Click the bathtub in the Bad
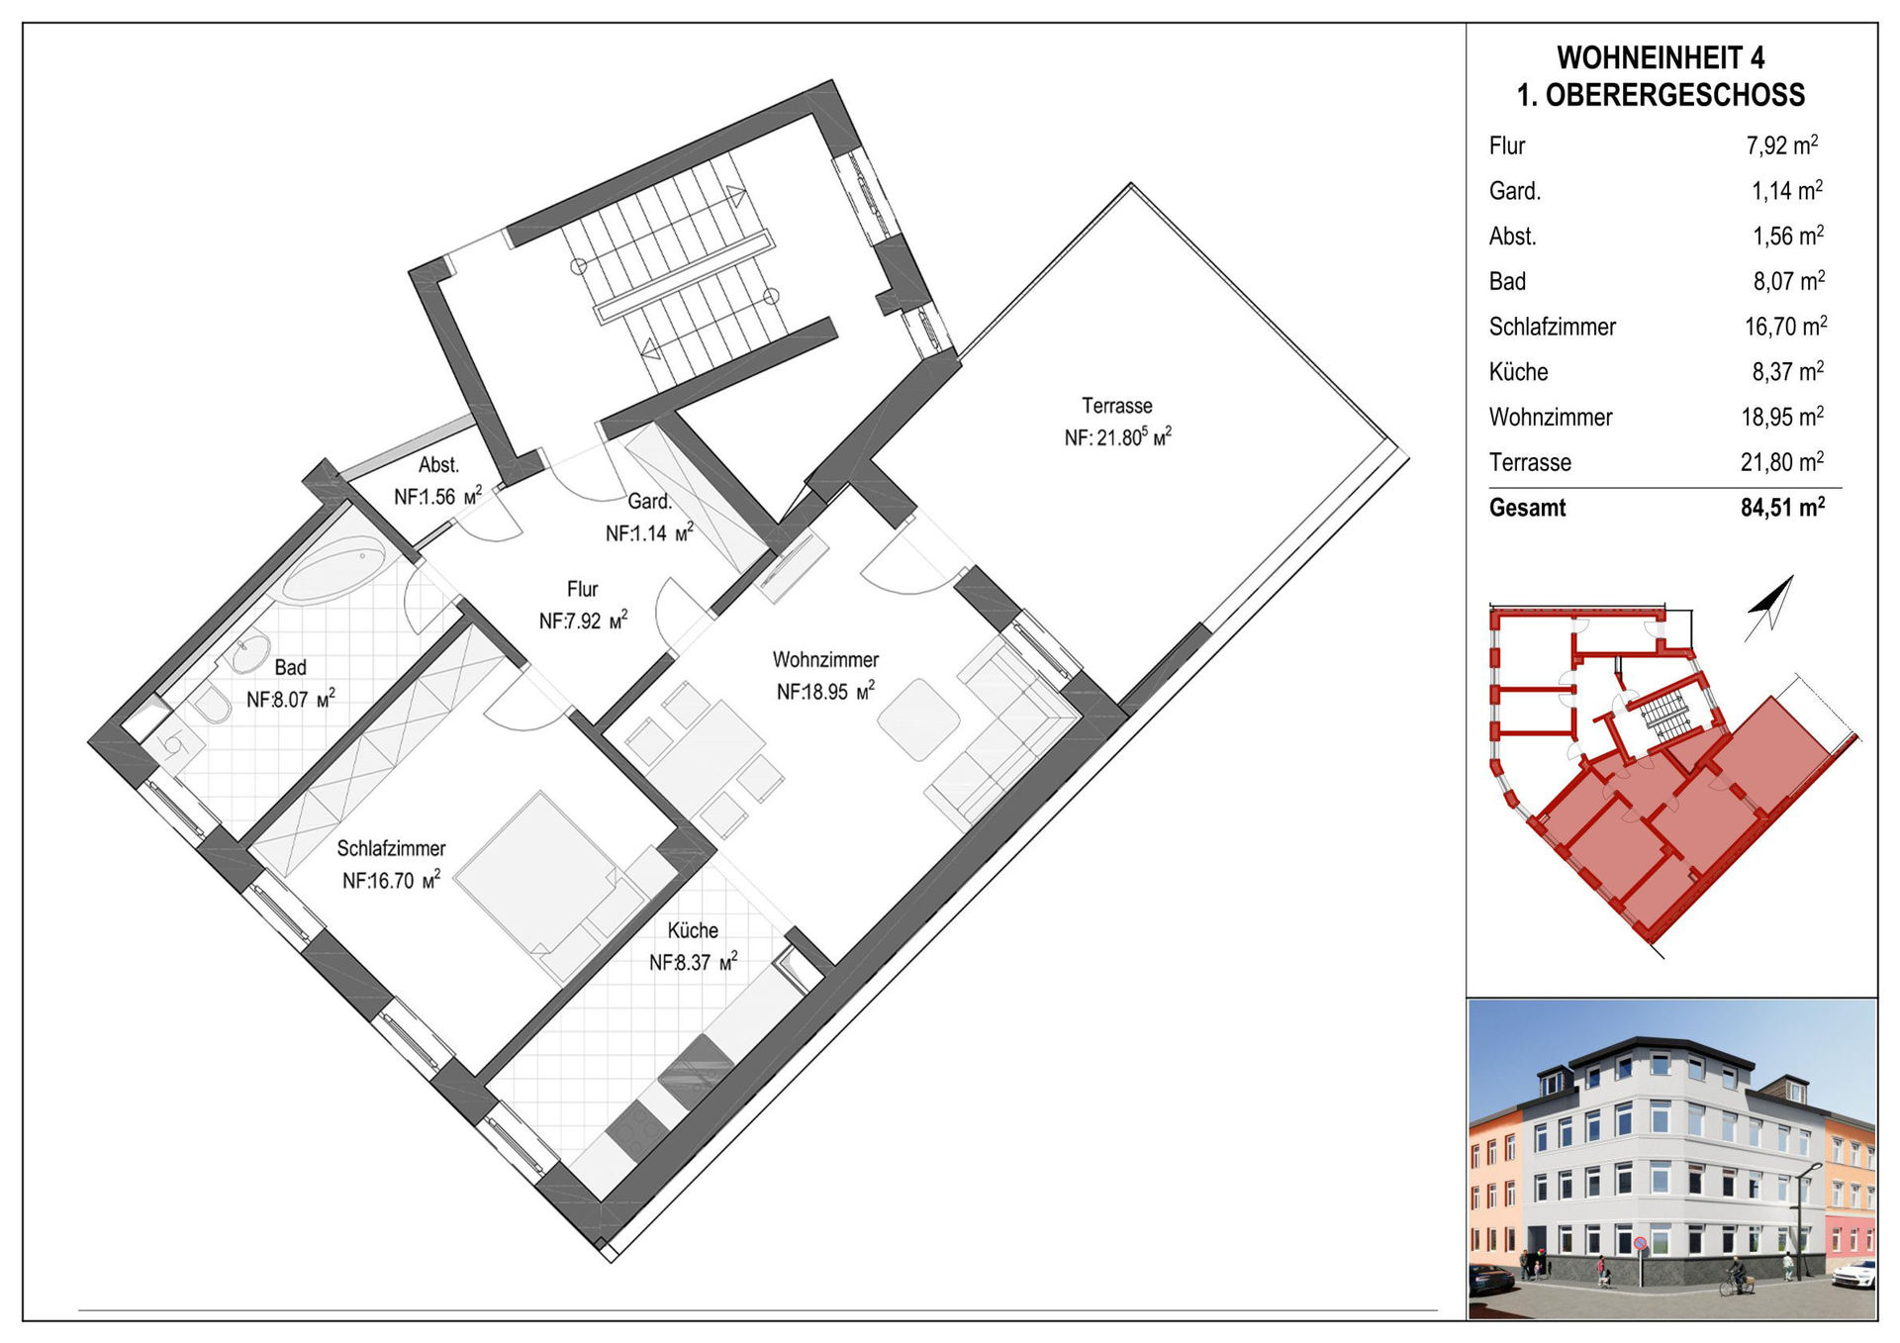(333, 569)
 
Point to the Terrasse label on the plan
(1116, 406)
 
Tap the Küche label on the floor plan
(693, 930)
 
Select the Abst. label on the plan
(438, 465)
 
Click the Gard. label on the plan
(650, 501)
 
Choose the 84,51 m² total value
(1783, 508)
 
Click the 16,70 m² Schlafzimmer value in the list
(1785, 327)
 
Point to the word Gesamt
(1527, 509)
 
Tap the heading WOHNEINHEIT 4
(1661, 57)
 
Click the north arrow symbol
(1769, 607)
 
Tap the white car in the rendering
(1854, 1274)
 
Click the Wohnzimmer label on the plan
(825, 660)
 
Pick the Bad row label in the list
(1507, 282)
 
